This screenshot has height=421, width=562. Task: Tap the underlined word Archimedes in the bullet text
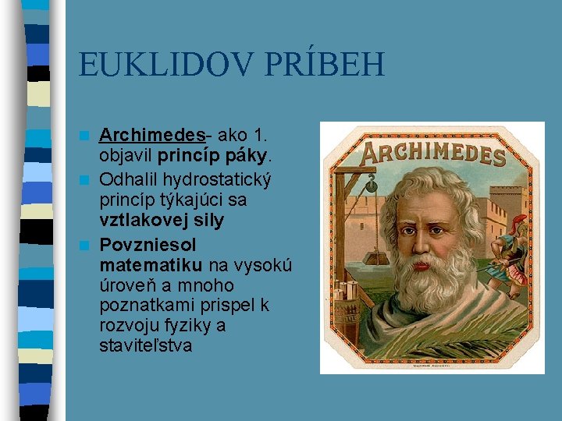(144, 137)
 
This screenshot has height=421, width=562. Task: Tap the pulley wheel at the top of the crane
(372, 186)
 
